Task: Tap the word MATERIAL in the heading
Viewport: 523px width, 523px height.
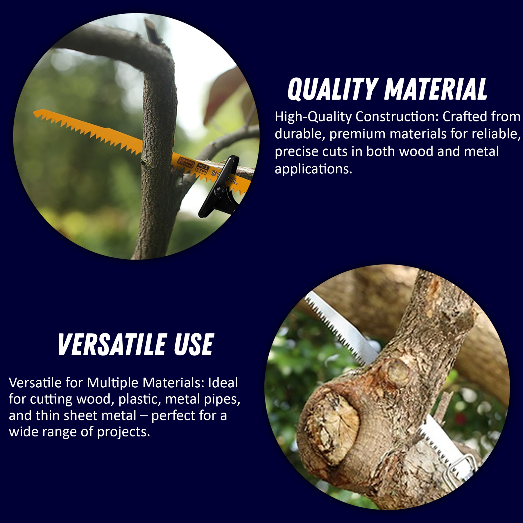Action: coord(436,89)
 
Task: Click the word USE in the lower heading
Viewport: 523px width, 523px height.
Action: coord(194,345)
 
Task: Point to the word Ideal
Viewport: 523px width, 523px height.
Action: coord(223,383)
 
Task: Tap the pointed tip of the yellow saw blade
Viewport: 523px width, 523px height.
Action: coord(34,112)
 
